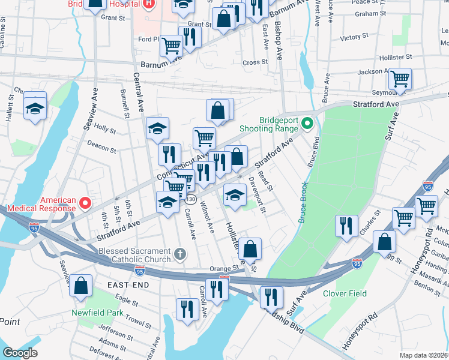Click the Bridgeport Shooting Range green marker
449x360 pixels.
307,124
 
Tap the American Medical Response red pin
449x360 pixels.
85,203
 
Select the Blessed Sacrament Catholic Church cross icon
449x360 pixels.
179,255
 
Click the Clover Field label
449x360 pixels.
344,293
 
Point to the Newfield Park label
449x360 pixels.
97,313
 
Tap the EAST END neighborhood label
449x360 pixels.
127,284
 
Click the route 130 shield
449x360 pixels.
190,199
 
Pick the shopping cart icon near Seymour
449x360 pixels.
400,78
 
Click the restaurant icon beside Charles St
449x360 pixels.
347,226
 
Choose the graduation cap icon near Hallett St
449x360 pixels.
35,109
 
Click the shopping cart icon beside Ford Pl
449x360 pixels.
172,44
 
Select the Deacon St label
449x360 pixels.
101,146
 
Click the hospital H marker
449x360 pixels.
149,4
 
